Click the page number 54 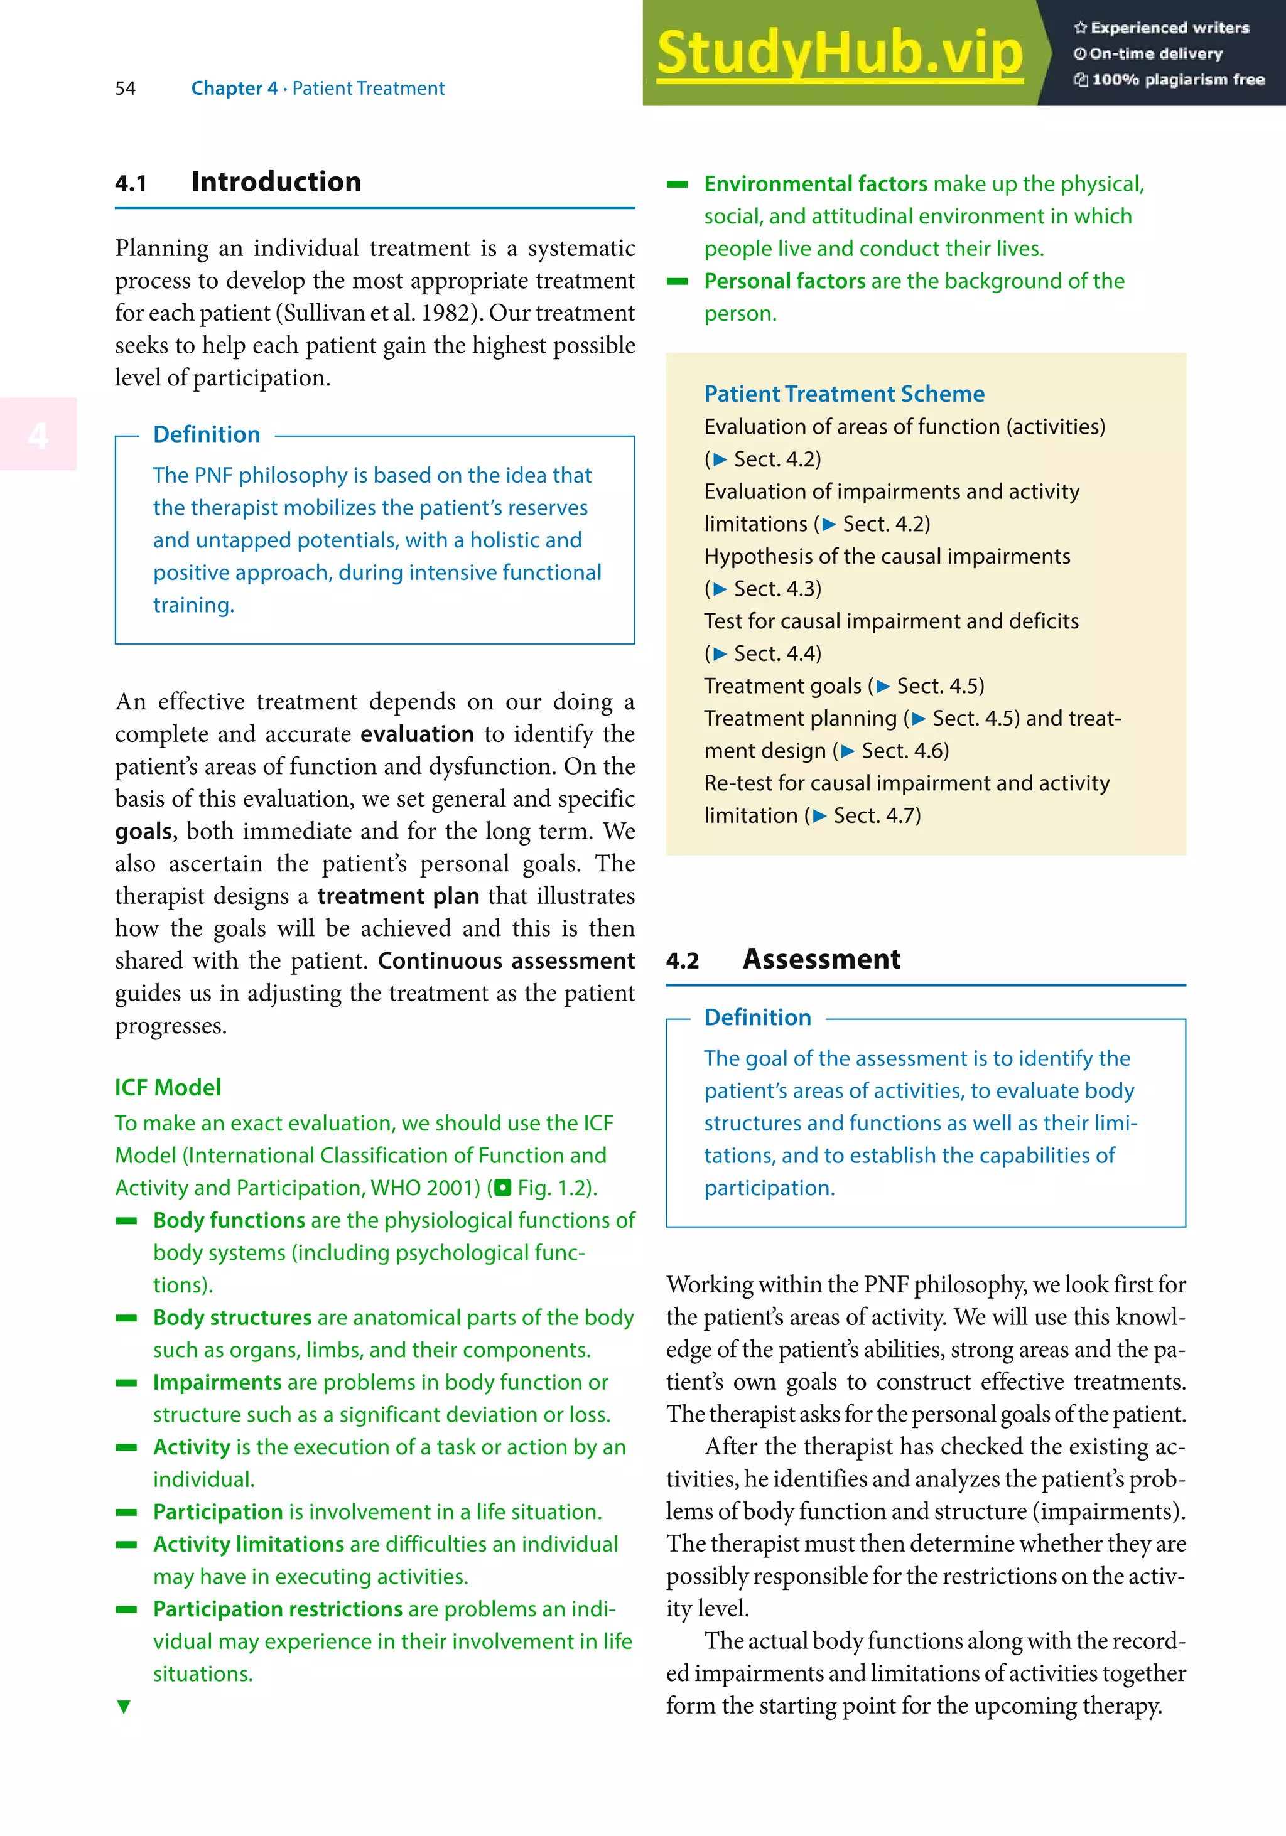click(125, 88)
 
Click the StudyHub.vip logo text click(839, 53)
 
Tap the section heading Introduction click(276, 181)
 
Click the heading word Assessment click(821, 958)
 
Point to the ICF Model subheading click(167, 1088)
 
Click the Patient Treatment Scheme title click(844, 394)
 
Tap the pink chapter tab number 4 click(38, 435)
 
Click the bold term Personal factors click(784, 281)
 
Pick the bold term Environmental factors click(815, 184)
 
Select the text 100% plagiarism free click(1177, 79)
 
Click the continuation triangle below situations click(123, 1707)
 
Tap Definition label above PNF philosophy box click(207, 434)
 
